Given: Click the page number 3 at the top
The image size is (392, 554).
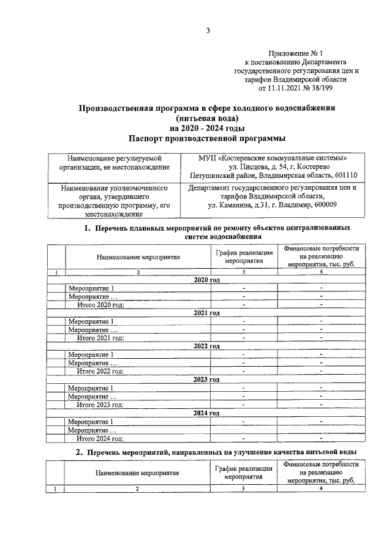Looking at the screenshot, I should click(x=208, y=31).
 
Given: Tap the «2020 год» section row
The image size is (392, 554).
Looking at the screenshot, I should click(x=206, y=279).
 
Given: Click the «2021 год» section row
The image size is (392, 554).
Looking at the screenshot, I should click(x=206, y=313).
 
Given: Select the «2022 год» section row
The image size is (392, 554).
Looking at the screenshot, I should click(x=206, y=346).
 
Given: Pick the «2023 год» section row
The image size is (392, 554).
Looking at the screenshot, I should click(x=206, y=380).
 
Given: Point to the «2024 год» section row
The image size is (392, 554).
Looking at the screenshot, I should click(x=206, y=413).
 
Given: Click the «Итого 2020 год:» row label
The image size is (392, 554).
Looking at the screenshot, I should click(x=100, y=304).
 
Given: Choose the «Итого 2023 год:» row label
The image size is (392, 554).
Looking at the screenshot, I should click(x=100, y=404).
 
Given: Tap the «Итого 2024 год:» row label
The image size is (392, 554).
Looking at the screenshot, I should click(x=100, y=438).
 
